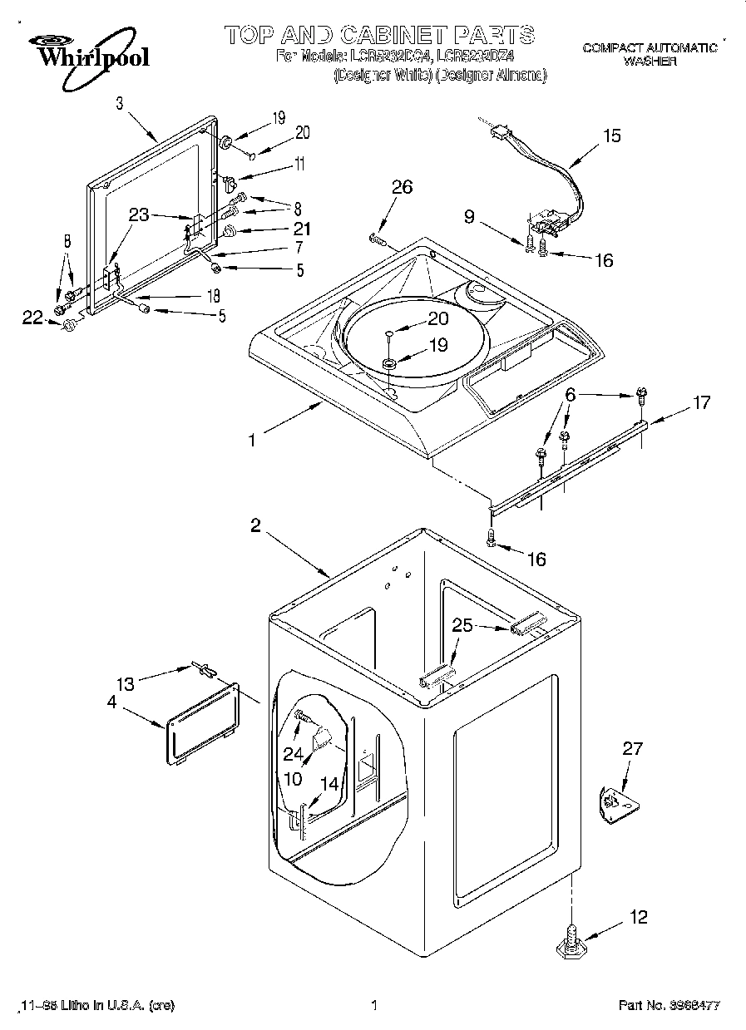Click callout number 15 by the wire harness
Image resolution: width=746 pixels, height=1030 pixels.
611,136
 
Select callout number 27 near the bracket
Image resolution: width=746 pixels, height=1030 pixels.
632,749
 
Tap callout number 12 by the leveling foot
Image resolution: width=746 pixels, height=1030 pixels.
638,918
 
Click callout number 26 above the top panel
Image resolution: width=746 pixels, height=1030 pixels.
402,188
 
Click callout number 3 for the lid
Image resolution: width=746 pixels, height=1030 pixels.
120,103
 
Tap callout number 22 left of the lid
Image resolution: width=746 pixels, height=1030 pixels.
32,317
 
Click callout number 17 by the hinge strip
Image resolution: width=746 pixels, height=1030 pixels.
701,403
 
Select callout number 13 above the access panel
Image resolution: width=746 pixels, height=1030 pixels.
125,683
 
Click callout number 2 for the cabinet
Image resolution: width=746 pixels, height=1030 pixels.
255,525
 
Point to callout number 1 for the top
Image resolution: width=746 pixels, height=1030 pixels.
252,441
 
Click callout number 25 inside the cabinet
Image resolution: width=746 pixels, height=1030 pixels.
463,626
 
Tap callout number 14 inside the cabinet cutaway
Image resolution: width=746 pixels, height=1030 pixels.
329,782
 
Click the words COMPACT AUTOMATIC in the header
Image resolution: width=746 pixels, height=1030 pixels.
650,48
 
